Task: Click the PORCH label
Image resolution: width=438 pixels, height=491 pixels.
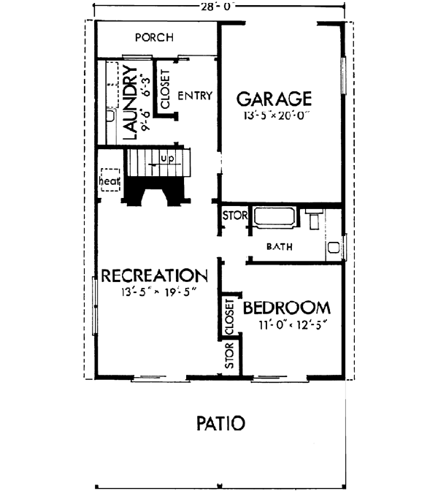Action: pos(153,37)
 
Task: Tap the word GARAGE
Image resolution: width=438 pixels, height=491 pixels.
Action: pos(274,98)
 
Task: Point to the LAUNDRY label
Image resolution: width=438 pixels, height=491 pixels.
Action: pos(131,102)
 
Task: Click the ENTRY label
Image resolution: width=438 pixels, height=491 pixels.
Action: pos(195,95)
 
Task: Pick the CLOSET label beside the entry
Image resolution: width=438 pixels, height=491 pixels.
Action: pos(165,89)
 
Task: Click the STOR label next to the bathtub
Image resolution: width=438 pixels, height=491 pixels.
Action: pos(233,217)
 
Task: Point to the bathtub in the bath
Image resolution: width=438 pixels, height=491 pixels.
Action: pos(274,218)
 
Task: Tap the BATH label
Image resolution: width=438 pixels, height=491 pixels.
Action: pos(279,247)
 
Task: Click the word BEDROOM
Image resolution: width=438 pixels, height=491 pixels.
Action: pos(286,307)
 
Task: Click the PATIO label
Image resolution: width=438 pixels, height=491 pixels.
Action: pos(220,422)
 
